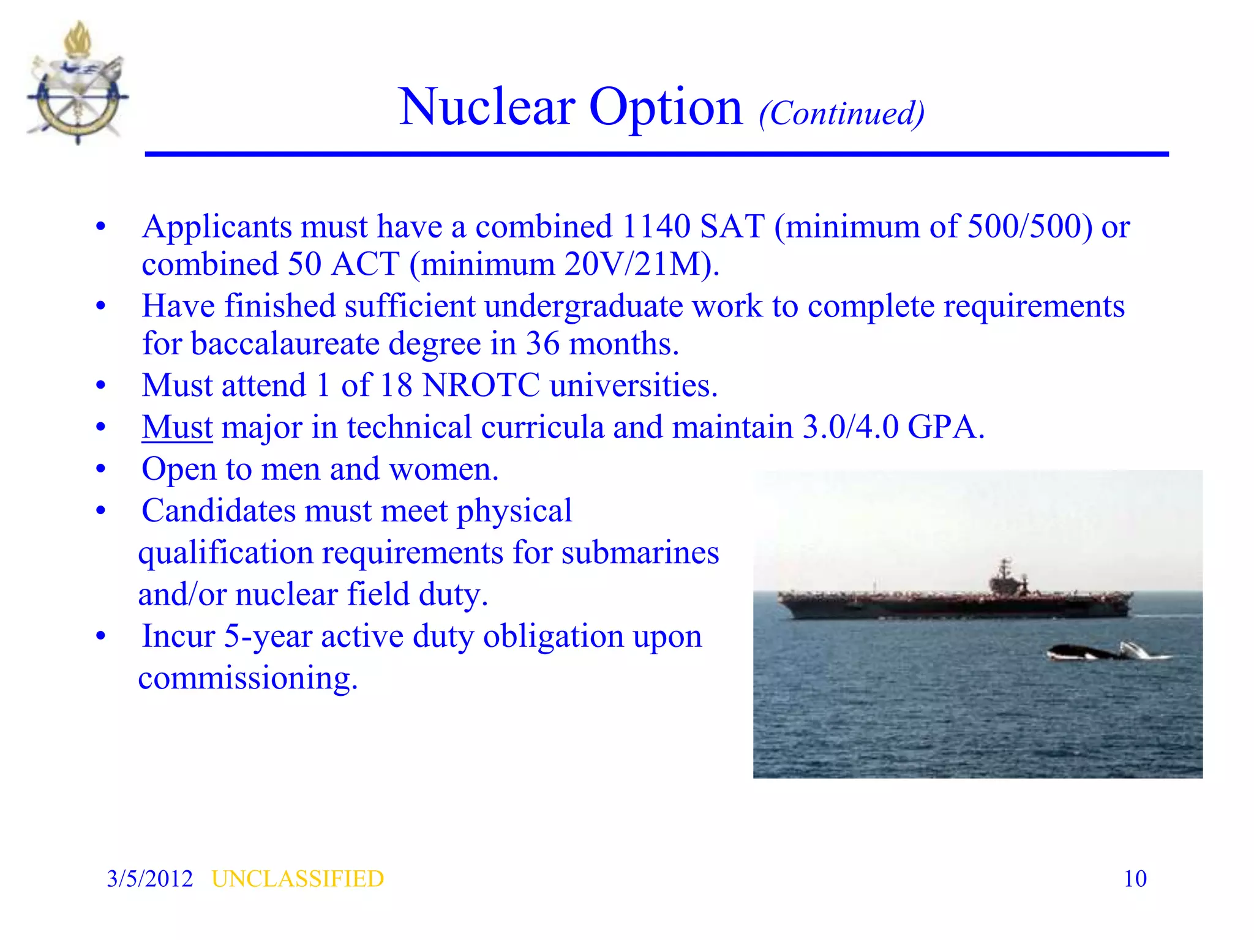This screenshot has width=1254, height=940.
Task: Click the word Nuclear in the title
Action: point(486,107)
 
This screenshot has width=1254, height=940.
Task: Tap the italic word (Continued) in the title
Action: point(841,114)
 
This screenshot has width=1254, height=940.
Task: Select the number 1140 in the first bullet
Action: point(656,226)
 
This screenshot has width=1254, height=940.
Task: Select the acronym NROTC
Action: point(481,386)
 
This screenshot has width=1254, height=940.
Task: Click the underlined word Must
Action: point(177,427)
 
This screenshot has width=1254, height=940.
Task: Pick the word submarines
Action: point(640,553)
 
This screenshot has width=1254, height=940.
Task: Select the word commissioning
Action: point(247,678)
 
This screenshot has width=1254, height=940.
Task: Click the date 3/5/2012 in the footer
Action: point(149,879)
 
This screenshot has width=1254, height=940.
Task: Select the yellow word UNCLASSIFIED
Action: point(298,879)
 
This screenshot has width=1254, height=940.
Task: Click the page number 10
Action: point(1135,879)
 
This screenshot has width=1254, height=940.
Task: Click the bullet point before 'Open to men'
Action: point(101,470)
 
